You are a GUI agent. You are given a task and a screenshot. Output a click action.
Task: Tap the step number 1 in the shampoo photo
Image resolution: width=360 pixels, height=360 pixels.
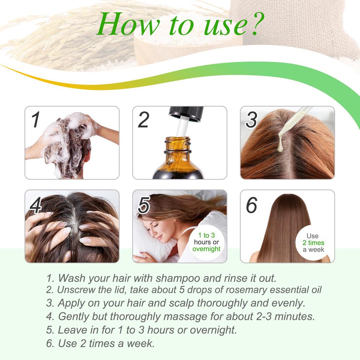tap(35, 120)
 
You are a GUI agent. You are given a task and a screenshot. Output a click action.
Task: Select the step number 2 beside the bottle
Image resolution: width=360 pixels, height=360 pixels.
tap(143, 120)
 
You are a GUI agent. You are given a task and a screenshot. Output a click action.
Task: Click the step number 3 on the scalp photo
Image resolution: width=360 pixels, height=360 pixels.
tap(251, 120)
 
